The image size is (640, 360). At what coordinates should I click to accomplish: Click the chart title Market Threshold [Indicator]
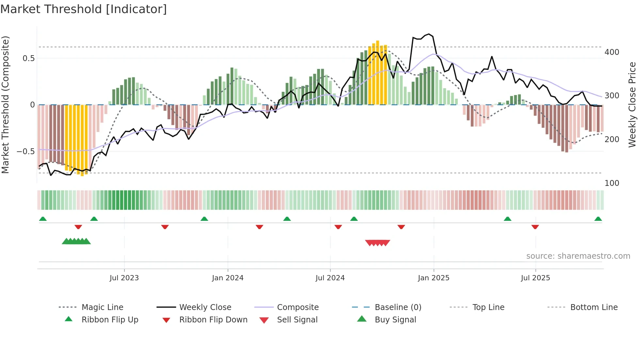click(84, 9)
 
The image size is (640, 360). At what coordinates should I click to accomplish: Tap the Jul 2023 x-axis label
click(124, 278)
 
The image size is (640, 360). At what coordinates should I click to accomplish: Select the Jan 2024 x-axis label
click(228, 278)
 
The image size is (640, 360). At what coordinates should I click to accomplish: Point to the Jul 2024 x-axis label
click(330, 278)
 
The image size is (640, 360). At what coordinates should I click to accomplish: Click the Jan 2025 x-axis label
click(434, 278)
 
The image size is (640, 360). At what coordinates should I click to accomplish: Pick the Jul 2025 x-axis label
click(536, 278)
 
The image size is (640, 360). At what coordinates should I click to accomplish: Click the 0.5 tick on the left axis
click(28, 58)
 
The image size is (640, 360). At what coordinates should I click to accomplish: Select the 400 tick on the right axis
click(612, 52)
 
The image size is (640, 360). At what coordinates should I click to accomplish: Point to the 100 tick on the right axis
click(612, 183)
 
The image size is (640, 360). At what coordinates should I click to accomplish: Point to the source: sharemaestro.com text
click(578, 256)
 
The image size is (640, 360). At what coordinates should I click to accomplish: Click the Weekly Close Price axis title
click(632, 105)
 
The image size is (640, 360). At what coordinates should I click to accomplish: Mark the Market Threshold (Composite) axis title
click(5, 105)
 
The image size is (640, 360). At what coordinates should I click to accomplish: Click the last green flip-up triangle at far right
click(598, 219)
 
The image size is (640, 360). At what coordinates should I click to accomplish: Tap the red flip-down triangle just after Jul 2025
click(535, 227)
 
